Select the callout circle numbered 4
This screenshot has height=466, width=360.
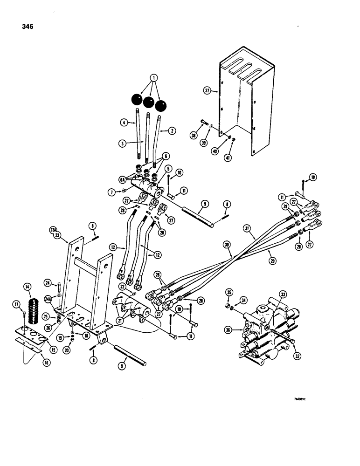point(125,123)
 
